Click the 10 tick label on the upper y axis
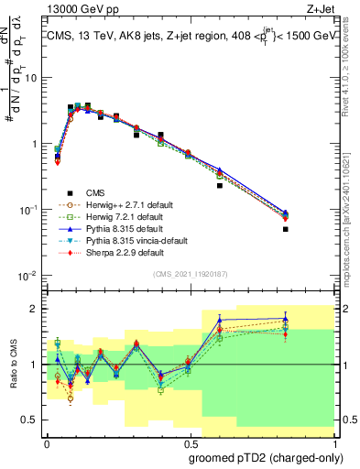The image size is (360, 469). pos(30,78)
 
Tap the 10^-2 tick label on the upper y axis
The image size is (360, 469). pos(28,276)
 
